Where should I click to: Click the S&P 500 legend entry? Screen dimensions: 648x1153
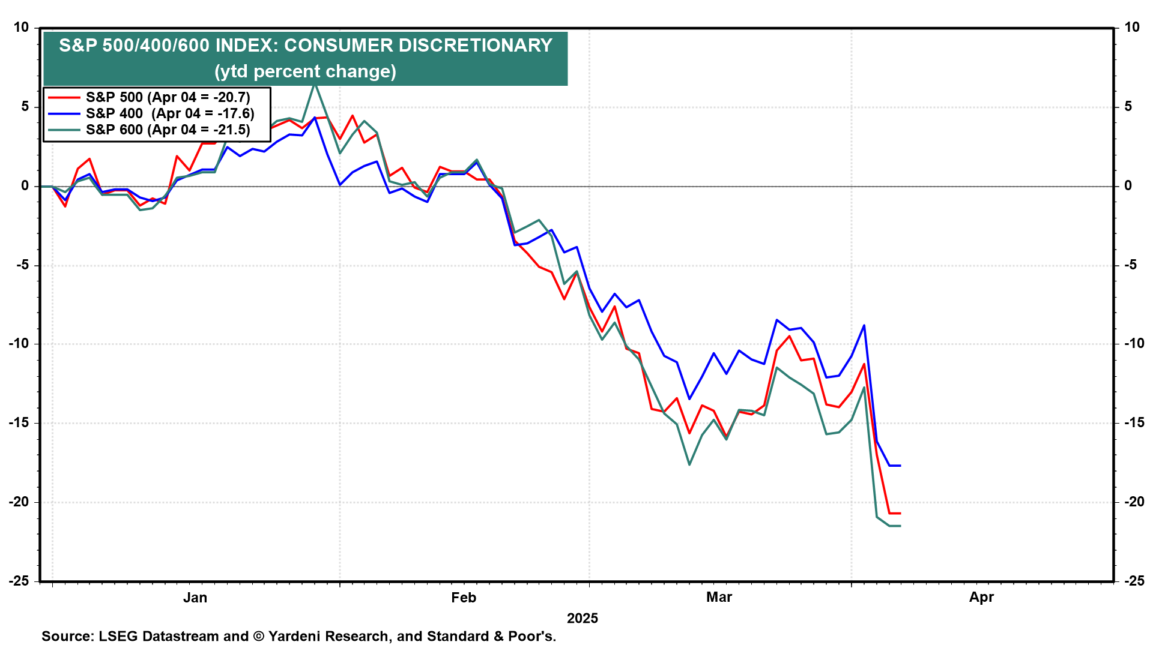pyautogui.click(x=168, y=97)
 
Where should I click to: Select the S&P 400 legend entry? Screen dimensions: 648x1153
pyautogui.click(x=169, y=113)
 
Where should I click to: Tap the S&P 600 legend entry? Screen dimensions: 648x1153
pyautogui.click(x=168, y=130)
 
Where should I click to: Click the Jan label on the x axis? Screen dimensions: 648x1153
pyautogui.click(x=195, y=598)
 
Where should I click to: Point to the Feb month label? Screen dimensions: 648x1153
pyautogui.click(x=464, y=598)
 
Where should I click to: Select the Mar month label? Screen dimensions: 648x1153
pyautogui.click(x=719, y=598)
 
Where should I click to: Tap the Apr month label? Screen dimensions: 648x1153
pyautogui.click(x=981, y=598)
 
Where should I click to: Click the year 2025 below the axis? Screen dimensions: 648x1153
pyautogui.click(x=583, y=619)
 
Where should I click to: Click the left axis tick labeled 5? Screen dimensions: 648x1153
pyautogui.click(x=25, y=107)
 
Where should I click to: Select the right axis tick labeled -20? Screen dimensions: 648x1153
pyautogui.click(x=1134, y=502)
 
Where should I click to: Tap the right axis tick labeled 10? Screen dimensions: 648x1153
pyautogui.click(x=1132, y=28)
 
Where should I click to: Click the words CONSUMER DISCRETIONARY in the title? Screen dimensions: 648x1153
pyautogui.click(x=418, y=46)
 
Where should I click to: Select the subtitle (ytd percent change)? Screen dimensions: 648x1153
pyautogui.click(x=305, y=71)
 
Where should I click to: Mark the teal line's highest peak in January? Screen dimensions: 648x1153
pyautogui.click(x=315, y=84)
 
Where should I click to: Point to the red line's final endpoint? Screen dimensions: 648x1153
pyautogui.click(x=900, y=514)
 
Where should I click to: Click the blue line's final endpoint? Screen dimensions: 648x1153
pyautogui.click(x=900, y=466)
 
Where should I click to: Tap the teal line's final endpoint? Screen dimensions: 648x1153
pyautogui.click(x=900, y=526)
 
